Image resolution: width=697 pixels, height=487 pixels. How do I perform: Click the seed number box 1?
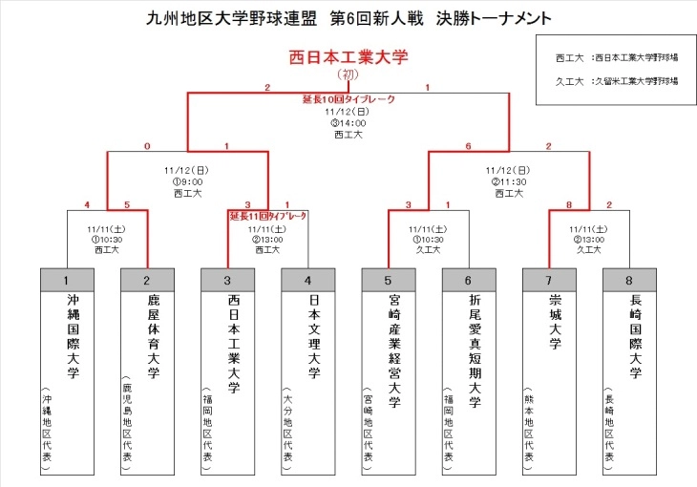tap(67, 281)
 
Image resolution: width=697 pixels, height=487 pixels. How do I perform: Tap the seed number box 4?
tap(308, 281)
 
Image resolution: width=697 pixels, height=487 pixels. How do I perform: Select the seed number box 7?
tap(549, 281)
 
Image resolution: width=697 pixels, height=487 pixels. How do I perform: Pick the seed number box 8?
tap(629, 281)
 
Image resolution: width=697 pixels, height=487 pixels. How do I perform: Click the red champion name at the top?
tap(348, 57)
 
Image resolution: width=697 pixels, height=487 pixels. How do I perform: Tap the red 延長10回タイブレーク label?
tap(348, 99)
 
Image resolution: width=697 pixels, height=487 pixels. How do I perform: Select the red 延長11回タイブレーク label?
tap(268, 217)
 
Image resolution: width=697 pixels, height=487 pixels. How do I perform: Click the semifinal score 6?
tap(468, 146)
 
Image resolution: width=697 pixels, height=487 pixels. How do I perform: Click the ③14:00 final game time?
tap(348, 122)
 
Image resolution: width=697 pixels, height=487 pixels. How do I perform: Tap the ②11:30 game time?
tap(509, 181)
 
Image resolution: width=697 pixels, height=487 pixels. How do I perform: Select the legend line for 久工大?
tap(616, 81)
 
